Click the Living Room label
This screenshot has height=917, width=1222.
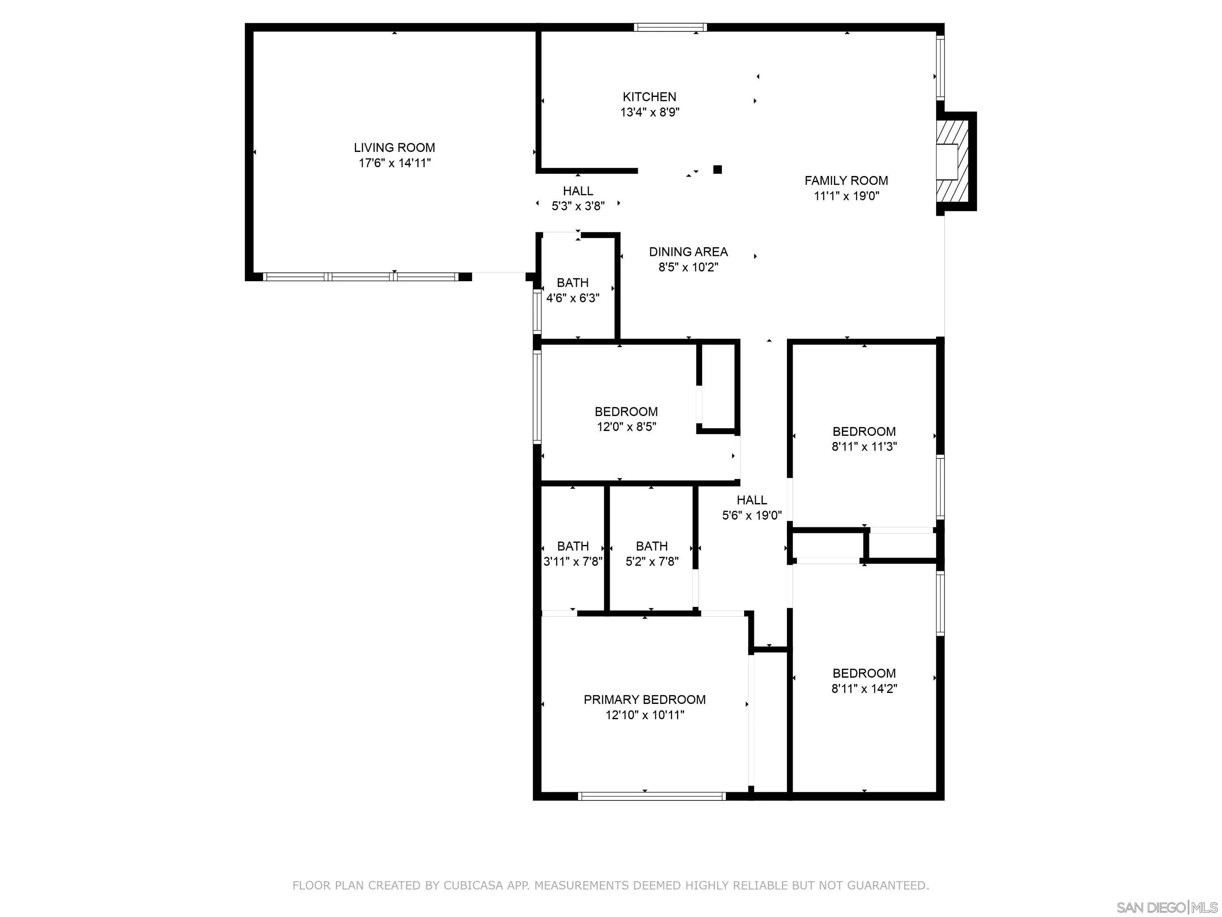point(394,148)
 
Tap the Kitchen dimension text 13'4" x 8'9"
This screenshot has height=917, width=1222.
point(650,112)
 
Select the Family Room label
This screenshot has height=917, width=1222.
point(846,180)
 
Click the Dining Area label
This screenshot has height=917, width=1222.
point(688,252)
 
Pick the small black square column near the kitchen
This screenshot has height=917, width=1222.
point(717,170)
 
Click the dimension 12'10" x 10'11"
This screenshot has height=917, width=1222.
point(645,715)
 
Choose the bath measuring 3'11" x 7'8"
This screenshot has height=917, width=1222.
point(573,554)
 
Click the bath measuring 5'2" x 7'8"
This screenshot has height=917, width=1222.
point(652,554)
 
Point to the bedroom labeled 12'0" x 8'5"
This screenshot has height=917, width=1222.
point(626,419)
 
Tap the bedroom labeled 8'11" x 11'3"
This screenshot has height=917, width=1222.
point(864,439)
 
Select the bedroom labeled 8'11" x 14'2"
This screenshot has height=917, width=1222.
point(864,680)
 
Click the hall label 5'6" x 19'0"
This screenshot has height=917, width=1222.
point(752,507)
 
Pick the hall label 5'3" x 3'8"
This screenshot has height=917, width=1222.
point(578,198)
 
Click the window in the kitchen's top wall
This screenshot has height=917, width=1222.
point(670,27)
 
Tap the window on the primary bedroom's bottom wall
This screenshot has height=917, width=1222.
point(652,796)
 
